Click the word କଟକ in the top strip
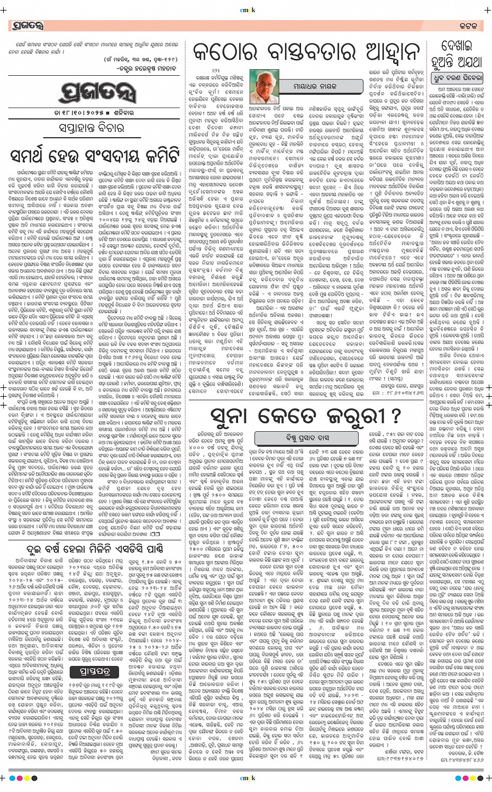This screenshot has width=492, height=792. [x=468, y=25]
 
